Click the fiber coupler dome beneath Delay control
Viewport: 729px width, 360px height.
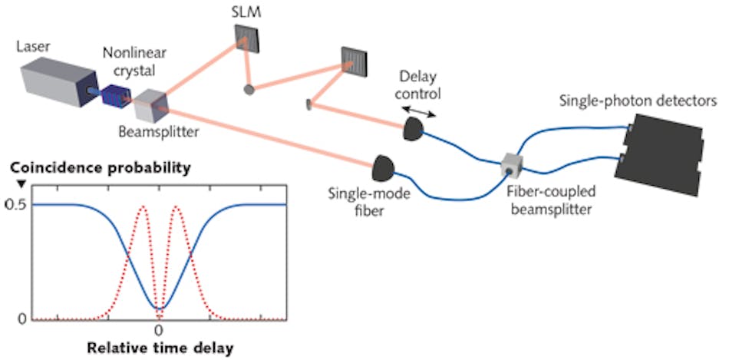coord(414,130)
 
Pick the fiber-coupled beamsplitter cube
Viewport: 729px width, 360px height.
coord(510,163)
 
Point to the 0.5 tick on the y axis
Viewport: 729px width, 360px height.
coord(15,204)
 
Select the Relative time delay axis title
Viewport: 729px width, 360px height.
coord(159,347)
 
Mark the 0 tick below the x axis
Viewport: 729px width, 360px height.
coord(158,330)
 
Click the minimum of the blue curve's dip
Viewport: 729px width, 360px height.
coord(159,309)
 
